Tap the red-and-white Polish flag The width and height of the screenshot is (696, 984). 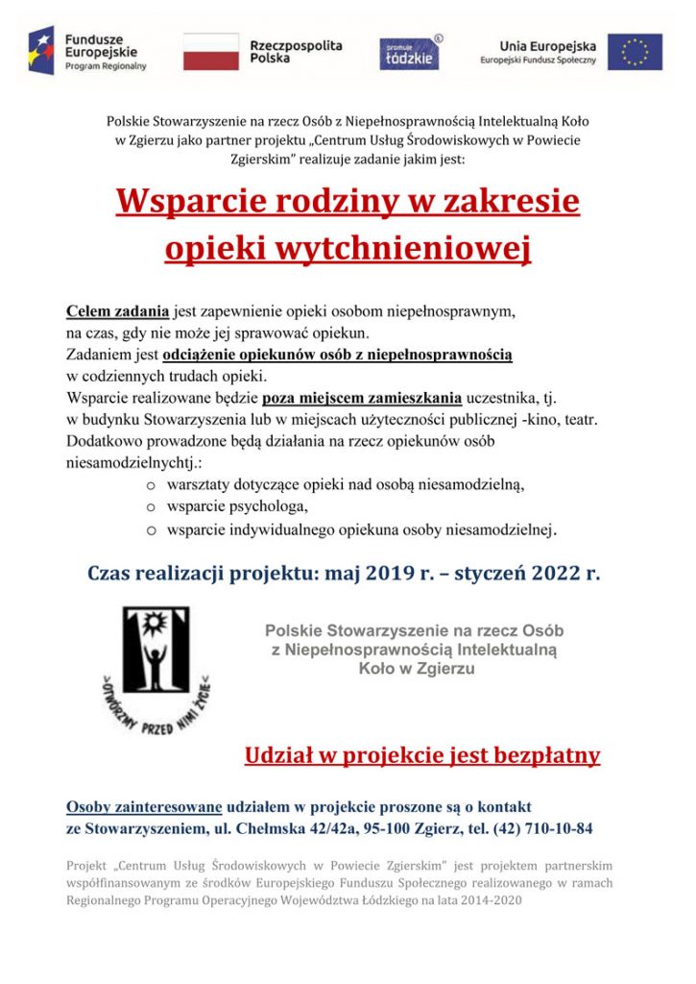[210, 51]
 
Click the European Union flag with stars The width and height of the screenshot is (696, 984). [635, 52]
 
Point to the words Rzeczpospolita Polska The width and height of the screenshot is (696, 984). [295, 52]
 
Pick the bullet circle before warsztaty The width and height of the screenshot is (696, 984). [151, 484]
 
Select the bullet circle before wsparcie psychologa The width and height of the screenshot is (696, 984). [151, 506]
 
